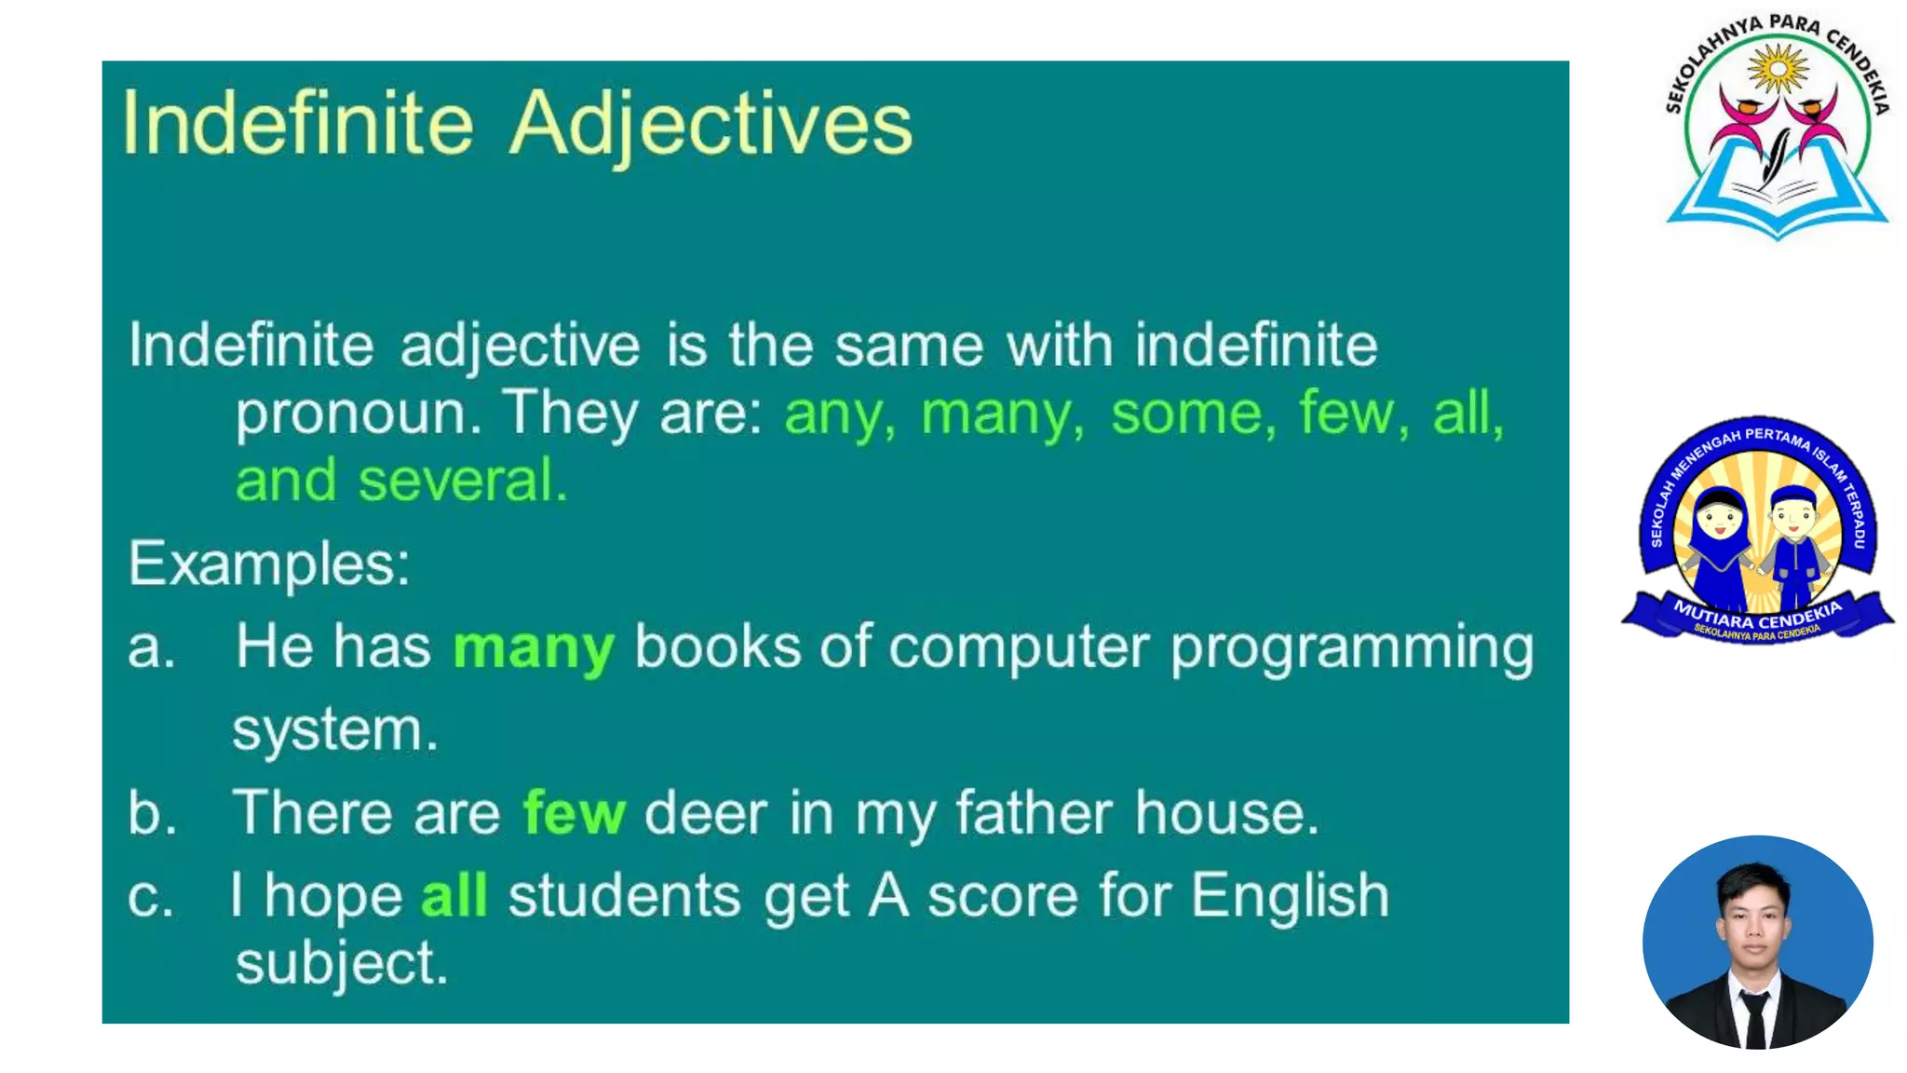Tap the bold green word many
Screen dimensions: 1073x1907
[x=534, y=647]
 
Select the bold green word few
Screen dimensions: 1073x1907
[x=574, y=812]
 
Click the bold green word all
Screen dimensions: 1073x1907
[x=454, y=895]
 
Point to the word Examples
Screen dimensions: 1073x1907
[x=268, y=564]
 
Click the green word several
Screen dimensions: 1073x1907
[x=462, y=481]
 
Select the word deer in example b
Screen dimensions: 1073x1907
[x=706, y=813]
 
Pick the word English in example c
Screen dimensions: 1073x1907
[x=1290, y=896]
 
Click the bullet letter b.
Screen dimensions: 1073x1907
[x=152, y=812]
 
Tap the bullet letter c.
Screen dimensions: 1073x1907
[x=150, y=897]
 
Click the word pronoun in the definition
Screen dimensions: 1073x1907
[x=358, y=414]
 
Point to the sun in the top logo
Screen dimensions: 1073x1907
[x=1777, y=69]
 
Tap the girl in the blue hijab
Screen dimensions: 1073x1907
[x=1718, y=545]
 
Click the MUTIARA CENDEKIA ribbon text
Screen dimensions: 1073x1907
[x=1757, y=616]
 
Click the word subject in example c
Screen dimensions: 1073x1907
[x=342, y=964]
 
